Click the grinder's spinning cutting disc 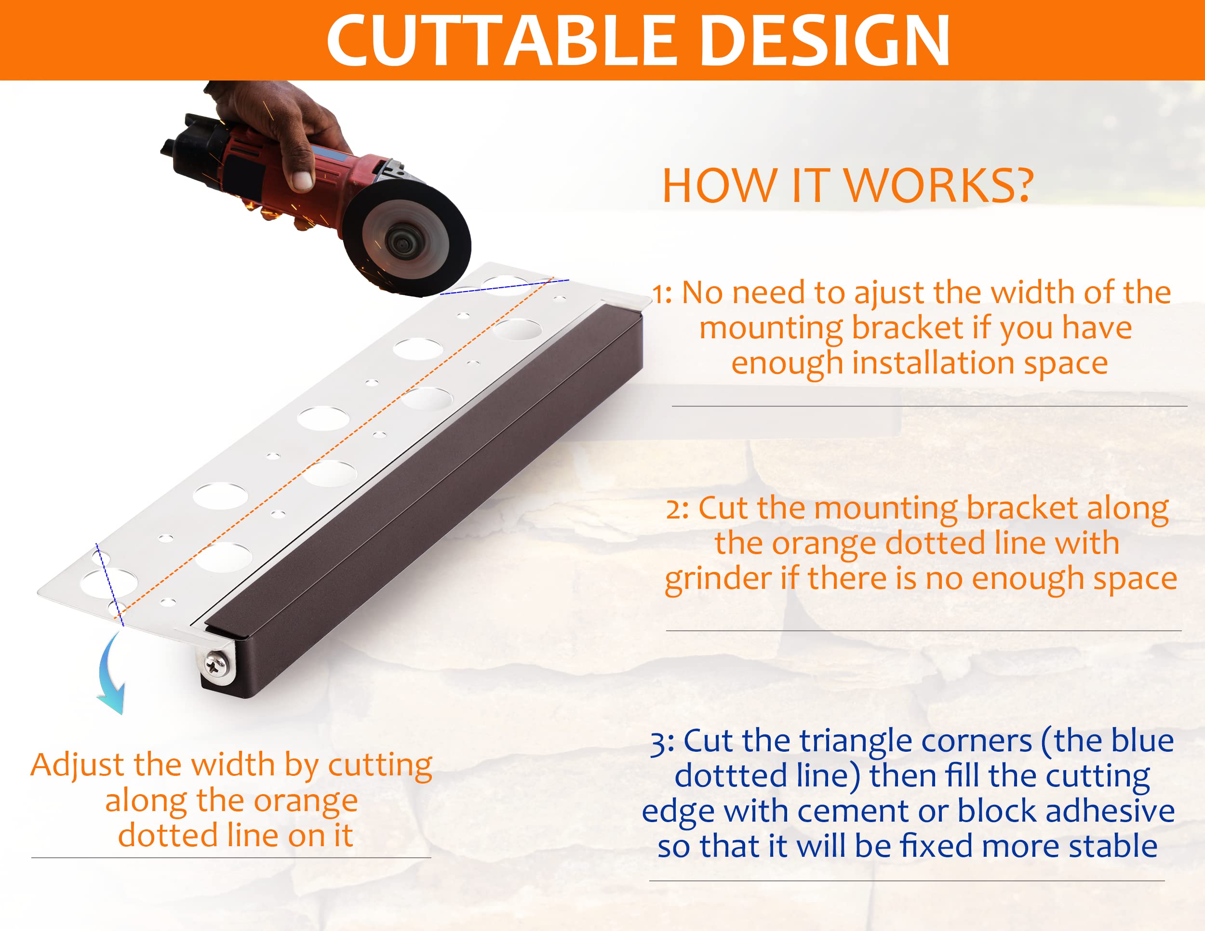point(407,238)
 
